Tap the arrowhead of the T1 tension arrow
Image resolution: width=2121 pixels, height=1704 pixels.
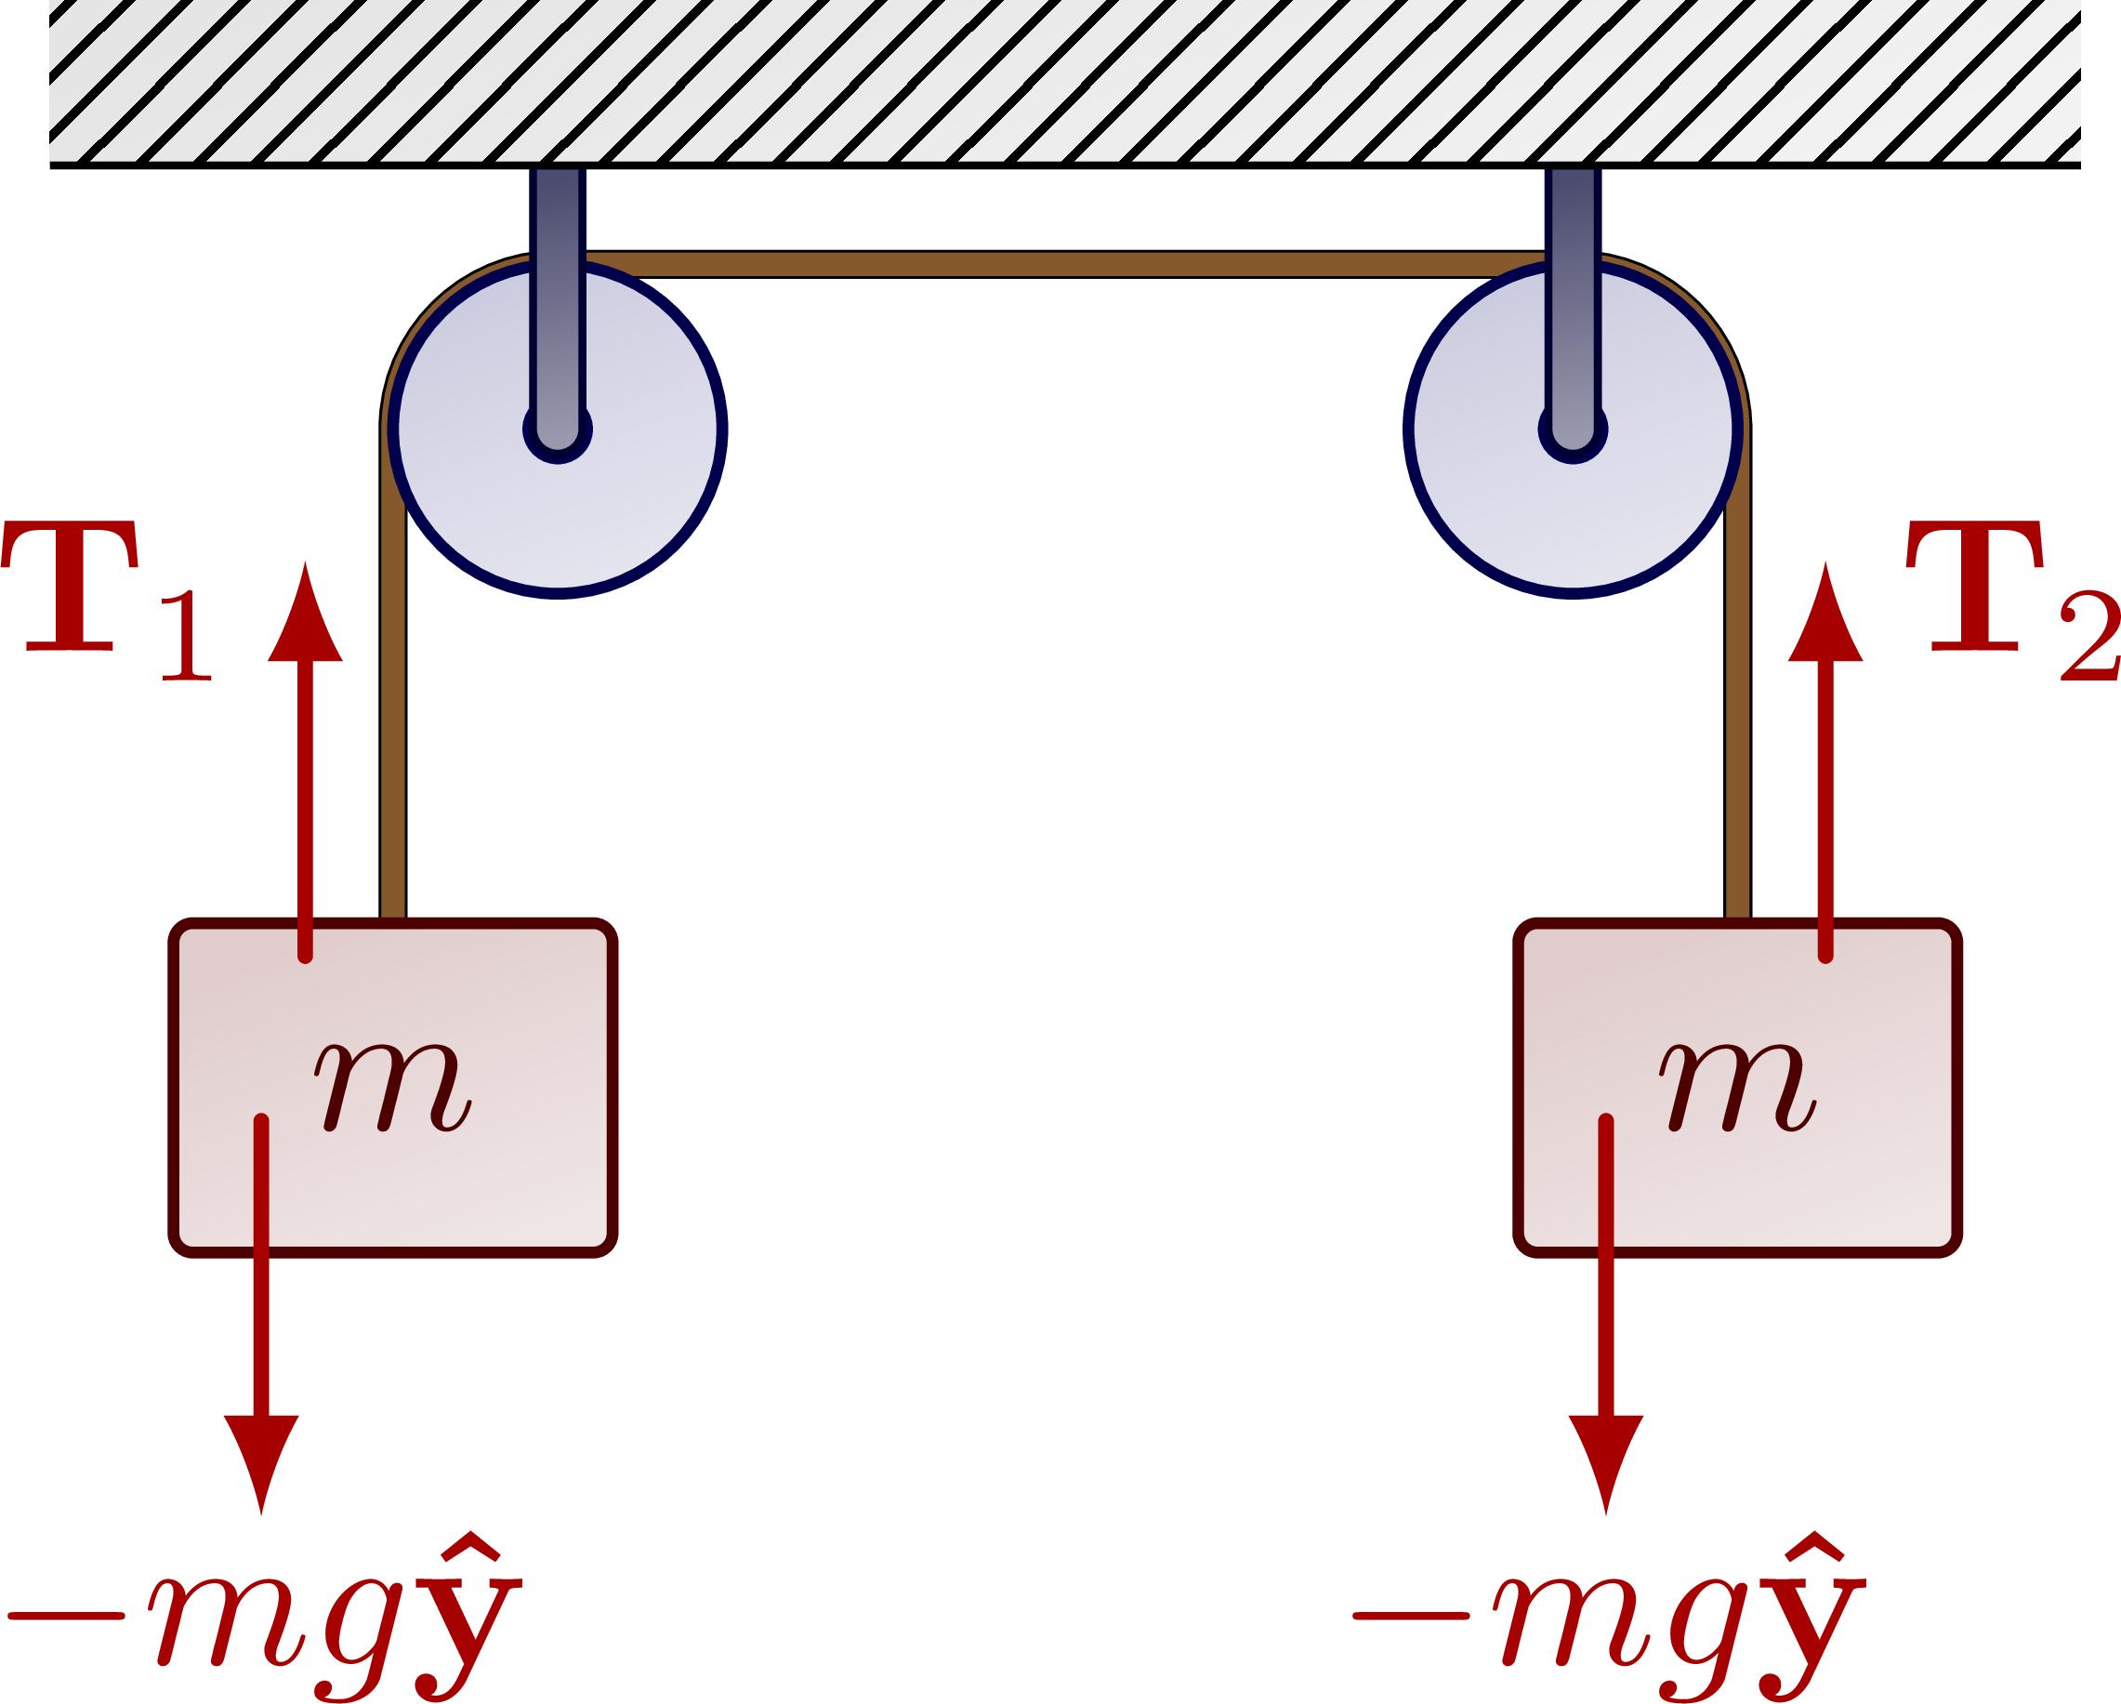[305, 614]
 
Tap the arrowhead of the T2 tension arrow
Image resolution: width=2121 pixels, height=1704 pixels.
[1825, 614]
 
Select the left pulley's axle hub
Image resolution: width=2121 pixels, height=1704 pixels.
[558, 429]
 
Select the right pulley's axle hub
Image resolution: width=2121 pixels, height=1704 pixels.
[1573, 429]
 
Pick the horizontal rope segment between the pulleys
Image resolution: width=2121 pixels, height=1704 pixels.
[1062, 264]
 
